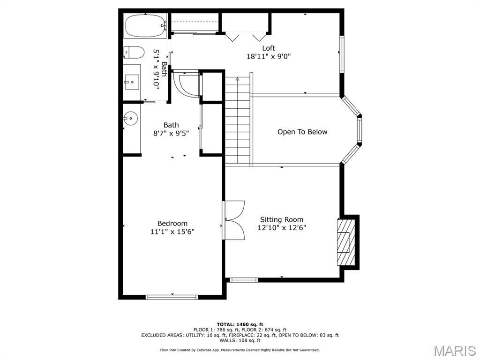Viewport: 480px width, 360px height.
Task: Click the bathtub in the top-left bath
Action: [145, 26]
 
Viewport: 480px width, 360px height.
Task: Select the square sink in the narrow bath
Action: [132, 82]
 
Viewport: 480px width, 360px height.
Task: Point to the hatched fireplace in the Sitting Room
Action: [345, 242]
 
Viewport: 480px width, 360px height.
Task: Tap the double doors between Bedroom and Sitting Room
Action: [234, 220]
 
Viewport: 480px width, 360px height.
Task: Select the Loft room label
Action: [269, 48]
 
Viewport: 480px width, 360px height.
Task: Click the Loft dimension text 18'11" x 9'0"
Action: [269, 57]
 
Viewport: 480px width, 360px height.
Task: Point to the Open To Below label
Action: [302, 132]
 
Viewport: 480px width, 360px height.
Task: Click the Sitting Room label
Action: [282, 219]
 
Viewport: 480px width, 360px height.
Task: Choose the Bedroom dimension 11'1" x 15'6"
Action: [172, 232]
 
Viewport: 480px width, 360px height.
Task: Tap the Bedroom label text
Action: [172, 224]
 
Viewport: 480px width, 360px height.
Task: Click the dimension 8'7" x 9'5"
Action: [171, 133]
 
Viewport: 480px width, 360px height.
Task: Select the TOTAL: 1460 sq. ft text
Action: [240, 324]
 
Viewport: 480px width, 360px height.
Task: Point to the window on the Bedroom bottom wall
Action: [172, 297]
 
